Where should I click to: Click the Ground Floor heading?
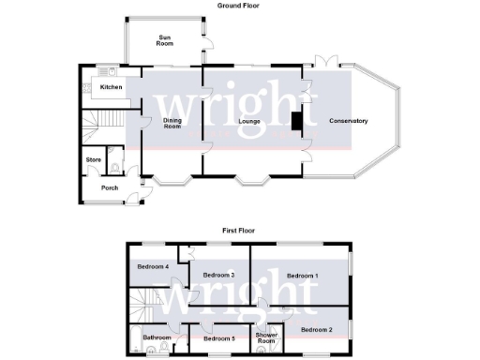tap(238, 6)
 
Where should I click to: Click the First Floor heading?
tap(238, 230)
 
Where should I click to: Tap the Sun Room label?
tap(165, 40)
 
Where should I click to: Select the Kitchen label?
tap(112, 87)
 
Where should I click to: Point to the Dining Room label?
tap(172, 123)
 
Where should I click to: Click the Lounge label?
tap(248, 121)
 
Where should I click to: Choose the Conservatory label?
tap(348, 121)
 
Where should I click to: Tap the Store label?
tap(93, 160)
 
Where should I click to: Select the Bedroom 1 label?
tap(302, 275)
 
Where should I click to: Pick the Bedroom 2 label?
tap(317, 329)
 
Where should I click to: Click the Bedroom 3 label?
tap(218, 274)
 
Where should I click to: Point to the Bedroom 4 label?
tap(153, 267)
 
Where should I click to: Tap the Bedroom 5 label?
tap(218, 337)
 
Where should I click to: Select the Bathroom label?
tap(157, 337)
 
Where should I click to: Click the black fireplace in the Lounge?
tap(296, 122)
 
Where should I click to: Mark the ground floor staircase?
tap(99, 121)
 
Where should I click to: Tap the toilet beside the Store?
tap(113, 167)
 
